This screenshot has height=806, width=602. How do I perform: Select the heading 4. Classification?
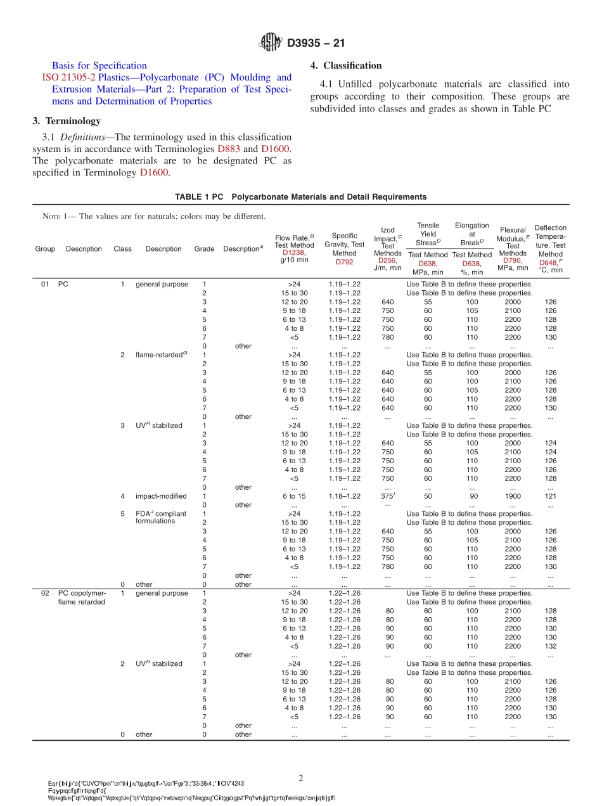(x=346, y=66)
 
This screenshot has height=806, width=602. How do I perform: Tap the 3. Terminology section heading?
(x=67, y=121)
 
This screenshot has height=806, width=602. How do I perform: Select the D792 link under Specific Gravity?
(x=344, y=261)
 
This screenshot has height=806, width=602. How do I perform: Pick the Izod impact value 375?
(x=387, y=496)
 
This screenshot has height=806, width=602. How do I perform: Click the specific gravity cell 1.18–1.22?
(x=344, y=496)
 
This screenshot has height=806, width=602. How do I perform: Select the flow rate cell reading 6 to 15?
(x=294, y=496)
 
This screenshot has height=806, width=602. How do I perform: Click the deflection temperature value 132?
(x=551, y=646)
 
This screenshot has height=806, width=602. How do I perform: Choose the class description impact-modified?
(x=161, y=496)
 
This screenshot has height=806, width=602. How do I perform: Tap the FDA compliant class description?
(x=161, y=517)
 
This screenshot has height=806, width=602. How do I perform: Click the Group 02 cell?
(x=45, y=593)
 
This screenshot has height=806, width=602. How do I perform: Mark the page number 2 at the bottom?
(x=301, y=778)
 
